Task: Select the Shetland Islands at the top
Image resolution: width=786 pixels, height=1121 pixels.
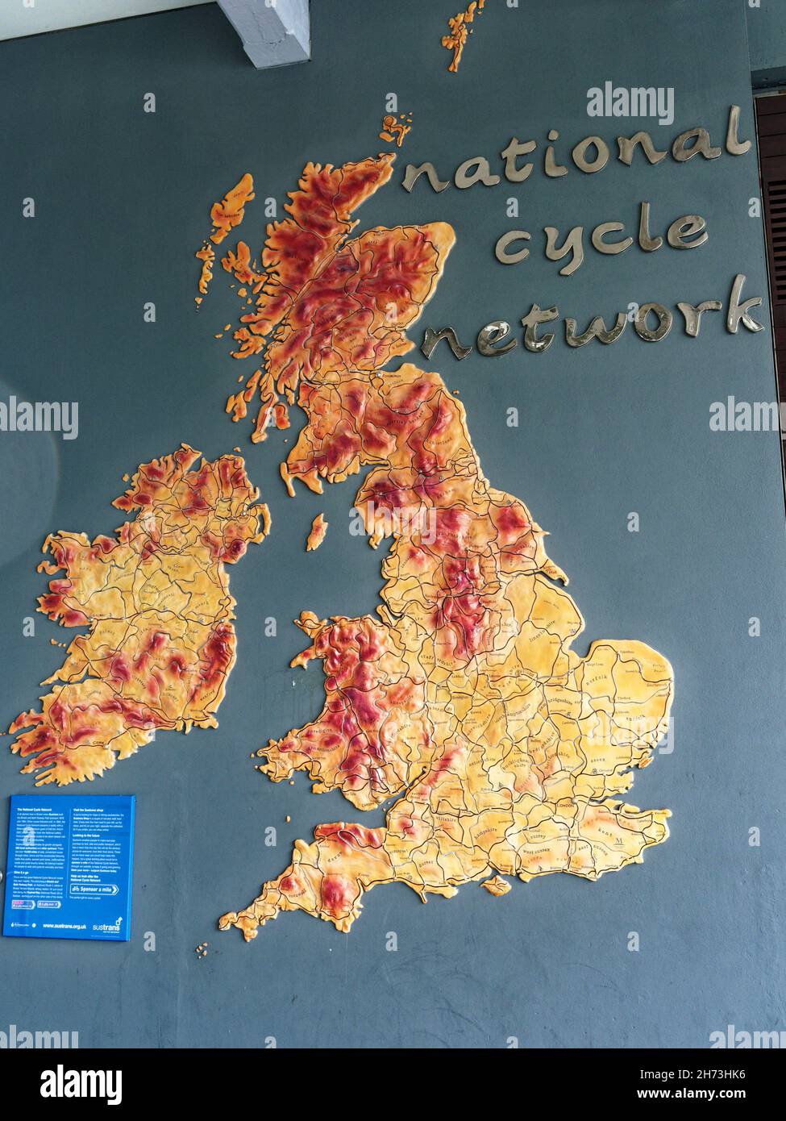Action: point(462,32)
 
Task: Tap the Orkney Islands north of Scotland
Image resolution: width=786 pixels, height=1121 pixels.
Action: point(394,129)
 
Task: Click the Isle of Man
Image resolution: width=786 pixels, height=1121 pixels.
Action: point(317,531)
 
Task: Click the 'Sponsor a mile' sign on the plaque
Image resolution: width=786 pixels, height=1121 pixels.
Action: point(95,890)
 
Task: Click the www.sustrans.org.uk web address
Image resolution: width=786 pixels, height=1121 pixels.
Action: point(64,926)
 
